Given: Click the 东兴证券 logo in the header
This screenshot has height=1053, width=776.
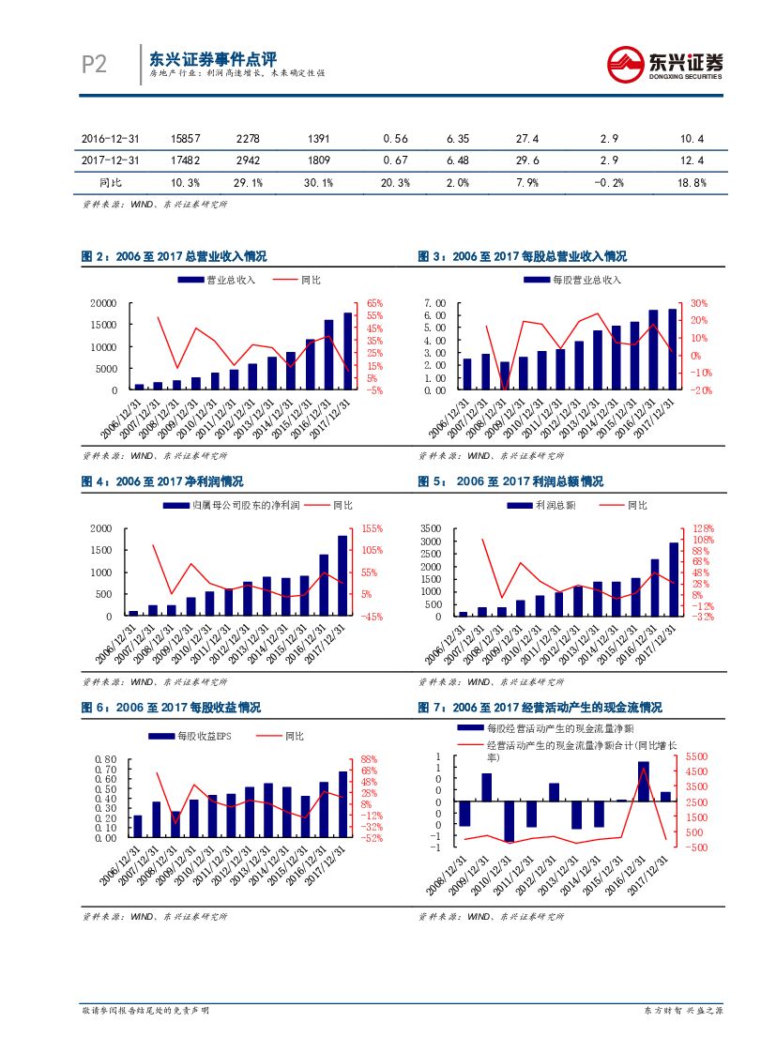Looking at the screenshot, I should [x=664, y=65].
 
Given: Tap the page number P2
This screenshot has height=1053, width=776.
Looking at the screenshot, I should [x=94, y=64].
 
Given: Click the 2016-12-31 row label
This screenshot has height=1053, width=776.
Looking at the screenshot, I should [x=110, y=138].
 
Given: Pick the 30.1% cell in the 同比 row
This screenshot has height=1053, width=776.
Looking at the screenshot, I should [x=319, y=182].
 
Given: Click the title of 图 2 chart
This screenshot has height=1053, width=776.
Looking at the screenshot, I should [x=175, y=256].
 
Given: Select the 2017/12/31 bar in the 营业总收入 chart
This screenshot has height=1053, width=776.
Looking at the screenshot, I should [x=348, y=351].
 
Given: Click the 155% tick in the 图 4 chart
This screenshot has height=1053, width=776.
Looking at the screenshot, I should [x=372, y=528].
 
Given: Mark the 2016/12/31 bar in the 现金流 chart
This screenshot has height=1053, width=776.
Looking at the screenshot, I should [x=644, y=781].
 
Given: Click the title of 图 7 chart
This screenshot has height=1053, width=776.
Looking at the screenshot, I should [x=540, y=707].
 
